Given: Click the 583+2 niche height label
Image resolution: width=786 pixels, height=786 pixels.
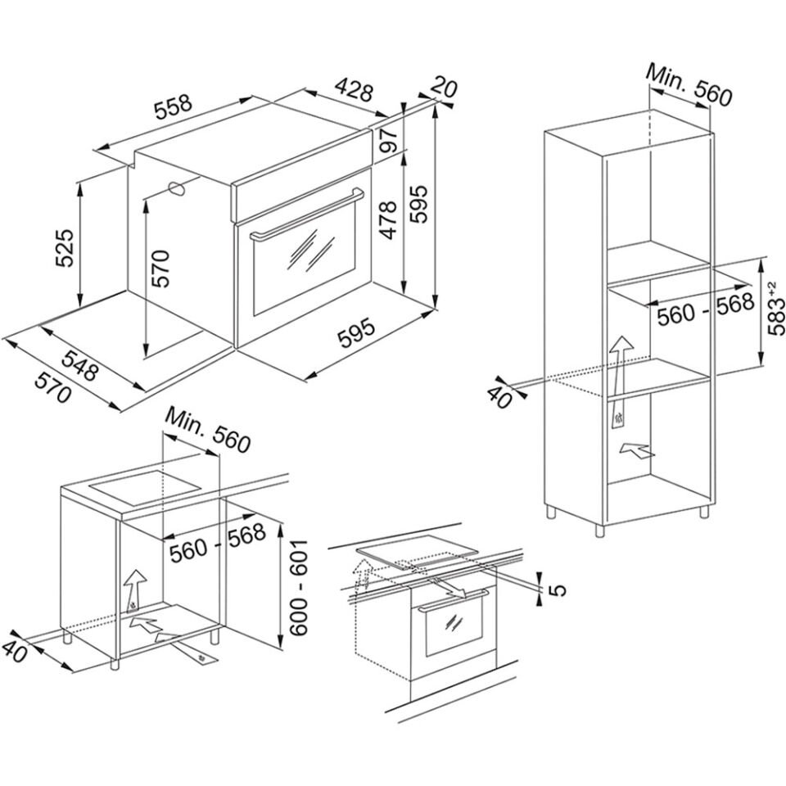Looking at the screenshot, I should pyautogui.click(x=776, y=311).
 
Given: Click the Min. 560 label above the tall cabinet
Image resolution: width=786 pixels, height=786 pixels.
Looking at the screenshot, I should pyautogui.click(x=688, y=84).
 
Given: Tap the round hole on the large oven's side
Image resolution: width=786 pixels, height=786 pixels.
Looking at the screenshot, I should pyautogui.click(x=176, y=187).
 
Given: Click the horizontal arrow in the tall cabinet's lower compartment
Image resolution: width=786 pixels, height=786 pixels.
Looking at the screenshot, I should pyautogui.click(x=638, y=449).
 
